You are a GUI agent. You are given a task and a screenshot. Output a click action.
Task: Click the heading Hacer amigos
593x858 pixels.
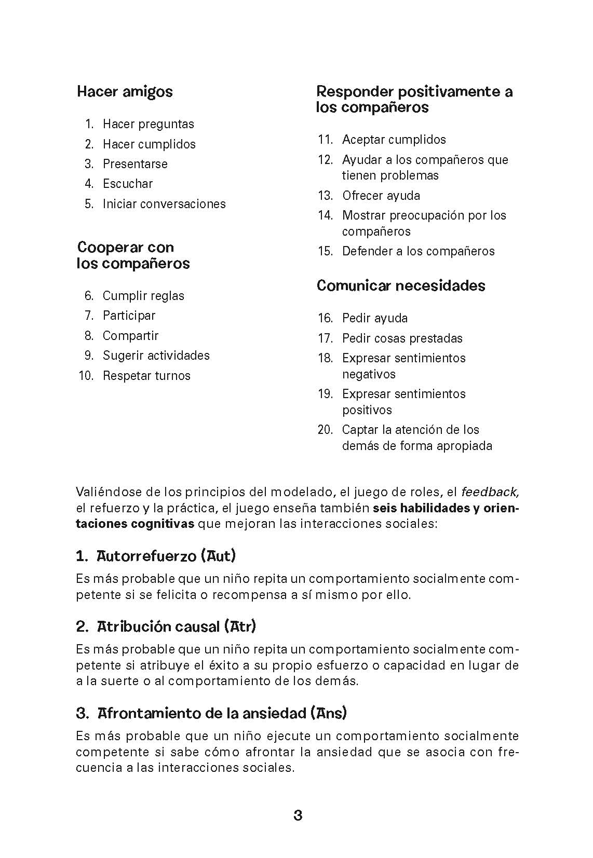coord(125,92)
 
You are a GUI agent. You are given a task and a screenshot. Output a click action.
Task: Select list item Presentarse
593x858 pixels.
coord(135,164)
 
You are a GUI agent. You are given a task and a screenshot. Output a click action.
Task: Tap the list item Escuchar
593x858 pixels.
coord(128,184)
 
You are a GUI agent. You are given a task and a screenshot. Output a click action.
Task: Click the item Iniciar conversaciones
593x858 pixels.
coord(164,204)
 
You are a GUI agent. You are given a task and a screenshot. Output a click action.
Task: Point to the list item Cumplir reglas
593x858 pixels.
coord(143,296)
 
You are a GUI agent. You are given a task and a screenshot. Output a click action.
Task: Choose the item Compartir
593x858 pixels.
coord(130,336)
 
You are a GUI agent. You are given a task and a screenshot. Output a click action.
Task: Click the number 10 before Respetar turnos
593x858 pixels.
coord(86,376)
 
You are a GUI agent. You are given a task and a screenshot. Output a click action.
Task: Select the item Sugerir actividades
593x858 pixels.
coord(156,356)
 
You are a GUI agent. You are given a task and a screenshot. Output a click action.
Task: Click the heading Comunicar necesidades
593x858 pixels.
coord(401,286)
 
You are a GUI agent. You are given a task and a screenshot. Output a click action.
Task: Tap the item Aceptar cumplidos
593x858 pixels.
coord(394,140)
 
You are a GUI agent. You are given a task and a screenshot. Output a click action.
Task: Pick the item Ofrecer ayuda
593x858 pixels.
coord(381,196)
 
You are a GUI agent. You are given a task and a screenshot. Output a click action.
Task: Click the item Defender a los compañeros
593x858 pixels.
coord(418,251)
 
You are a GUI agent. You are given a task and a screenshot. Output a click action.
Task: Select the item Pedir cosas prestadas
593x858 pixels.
coord(402,338)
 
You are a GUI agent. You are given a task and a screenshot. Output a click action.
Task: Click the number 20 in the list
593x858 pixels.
coord(325,430)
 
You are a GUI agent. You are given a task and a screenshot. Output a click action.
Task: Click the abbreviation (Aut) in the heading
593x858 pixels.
coord(218,556)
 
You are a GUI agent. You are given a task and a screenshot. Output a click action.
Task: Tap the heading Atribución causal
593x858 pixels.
coord(158,627)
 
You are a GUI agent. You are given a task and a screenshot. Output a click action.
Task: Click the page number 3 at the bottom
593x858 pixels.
coord(298,815)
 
